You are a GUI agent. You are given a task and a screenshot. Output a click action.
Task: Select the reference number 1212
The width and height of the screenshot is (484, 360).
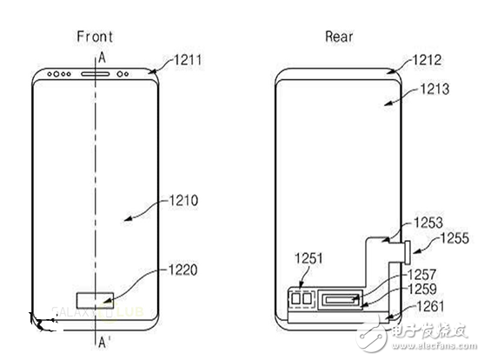(428, 61)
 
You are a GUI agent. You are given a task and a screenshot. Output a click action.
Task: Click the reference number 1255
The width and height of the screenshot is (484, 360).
(453, 236)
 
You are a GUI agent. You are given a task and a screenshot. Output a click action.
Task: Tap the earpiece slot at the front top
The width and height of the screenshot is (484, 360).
(95, 73)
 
